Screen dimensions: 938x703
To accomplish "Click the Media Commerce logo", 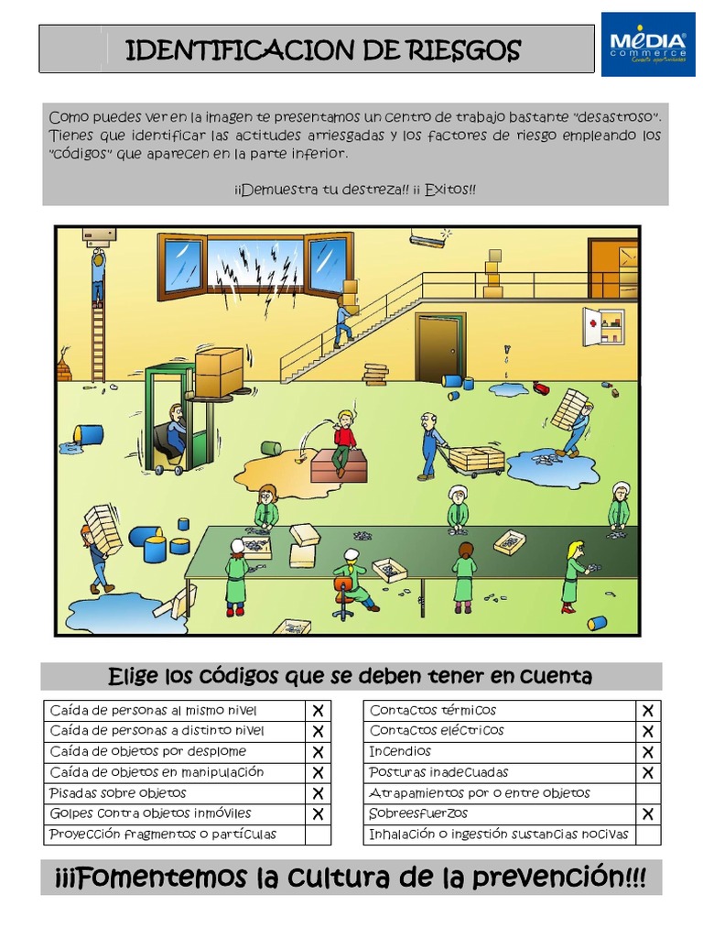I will click(647, 45).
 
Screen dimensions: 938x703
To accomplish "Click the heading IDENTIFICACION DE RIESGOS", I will click(322, 49).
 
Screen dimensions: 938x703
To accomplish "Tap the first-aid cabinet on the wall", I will click(604, 325).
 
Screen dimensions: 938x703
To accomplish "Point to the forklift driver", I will click(173, 431).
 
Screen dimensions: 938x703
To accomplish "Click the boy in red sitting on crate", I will click(344, 441).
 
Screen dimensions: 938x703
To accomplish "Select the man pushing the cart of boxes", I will click(430, 445).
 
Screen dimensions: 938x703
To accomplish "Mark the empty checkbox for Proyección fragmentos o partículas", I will click(318, 834).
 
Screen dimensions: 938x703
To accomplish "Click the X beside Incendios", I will click(647, 752).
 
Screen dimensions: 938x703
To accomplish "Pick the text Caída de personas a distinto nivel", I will click(157, 731).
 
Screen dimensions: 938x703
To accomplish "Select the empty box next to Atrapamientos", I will click(647, 793).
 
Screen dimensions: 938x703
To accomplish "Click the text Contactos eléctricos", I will click(437, 731).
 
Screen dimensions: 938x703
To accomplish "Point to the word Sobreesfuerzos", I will click(418, 813).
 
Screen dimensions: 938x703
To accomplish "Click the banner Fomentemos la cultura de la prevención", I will click(351, 878).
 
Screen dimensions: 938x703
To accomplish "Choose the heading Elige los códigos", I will click(351, 677).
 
